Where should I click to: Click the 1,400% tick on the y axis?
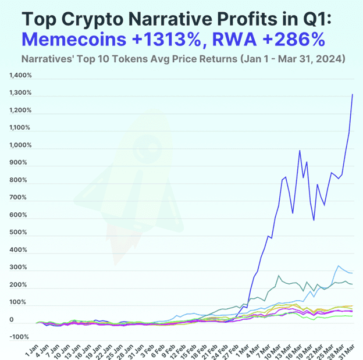point(20,76)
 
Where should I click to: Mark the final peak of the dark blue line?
point(353,94)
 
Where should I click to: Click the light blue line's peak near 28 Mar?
point(338,266)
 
